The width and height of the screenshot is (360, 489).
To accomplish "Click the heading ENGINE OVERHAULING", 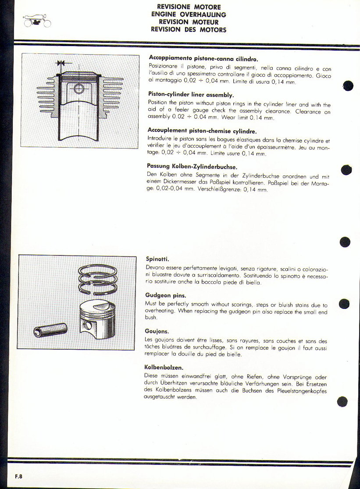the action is pyautogui.click(x=189, y=14).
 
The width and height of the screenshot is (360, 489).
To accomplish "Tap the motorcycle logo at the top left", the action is pyautogui.click(x=36, y=21).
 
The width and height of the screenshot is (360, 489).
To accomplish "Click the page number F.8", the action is pyautogui.click(x=18, y=476).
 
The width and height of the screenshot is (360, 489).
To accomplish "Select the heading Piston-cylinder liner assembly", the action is pyautogui.click(x=191, y=95).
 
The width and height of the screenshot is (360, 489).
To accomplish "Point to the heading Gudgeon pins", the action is pyautogui.click(x=166, y=295).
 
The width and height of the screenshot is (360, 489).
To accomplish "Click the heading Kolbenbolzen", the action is pyautogui.click(x=164, y=367).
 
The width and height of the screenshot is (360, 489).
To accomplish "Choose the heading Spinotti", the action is pyautogui.click(x=157, y=259).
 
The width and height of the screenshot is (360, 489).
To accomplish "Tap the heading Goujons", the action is pyautogui.click(x=157, y=331).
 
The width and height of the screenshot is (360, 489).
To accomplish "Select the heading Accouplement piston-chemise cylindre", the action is pyautogui.click(x=202, y=131).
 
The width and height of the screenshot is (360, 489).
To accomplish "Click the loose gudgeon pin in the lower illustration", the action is pyautogui.click(x=50, y=330).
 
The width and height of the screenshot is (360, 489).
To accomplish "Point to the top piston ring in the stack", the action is pyautogui.click(x=98, y=269).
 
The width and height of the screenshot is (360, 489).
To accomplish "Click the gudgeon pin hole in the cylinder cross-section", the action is pyautogui.click(x=78, y=89).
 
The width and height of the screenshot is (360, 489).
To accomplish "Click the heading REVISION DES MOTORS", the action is pyautogui.click(x=189, y=30).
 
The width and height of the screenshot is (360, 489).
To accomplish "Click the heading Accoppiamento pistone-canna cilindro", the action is pyautogui.click(x=203, y=58).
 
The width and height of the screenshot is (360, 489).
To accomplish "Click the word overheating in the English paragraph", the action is pyautogui.click(x=160, y=311).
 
